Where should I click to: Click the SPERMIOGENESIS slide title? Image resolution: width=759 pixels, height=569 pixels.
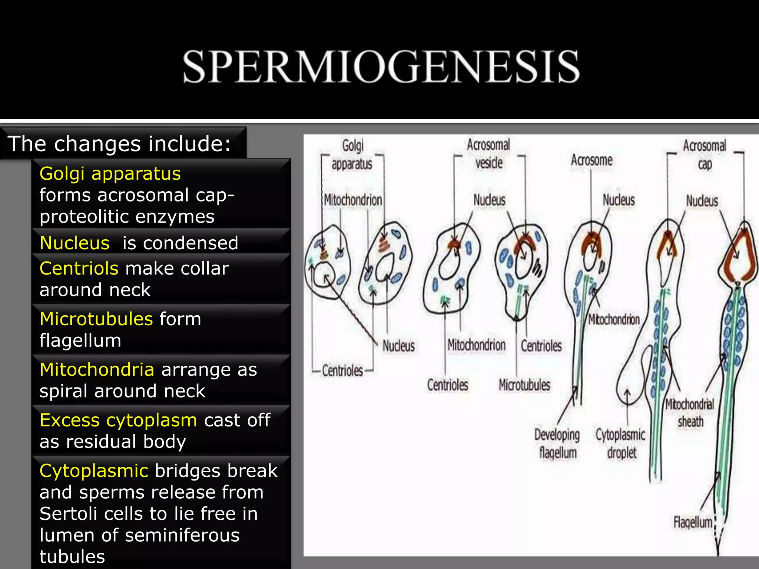tap(381, 67)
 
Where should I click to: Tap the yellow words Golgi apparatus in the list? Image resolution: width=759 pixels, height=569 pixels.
tap(110, 173)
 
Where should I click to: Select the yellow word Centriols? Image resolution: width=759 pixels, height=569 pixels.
tap(79, 268)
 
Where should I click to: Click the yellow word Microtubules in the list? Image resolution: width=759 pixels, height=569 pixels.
tap(96, 319)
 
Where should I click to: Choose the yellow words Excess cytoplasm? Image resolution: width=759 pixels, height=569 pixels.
tap(118, 420)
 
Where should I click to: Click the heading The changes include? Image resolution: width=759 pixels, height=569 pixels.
tap(119, 144)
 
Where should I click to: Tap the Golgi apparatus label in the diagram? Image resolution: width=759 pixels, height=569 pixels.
tap(352, 154)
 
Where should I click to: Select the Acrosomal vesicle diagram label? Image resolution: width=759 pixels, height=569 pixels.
tap(488, 154)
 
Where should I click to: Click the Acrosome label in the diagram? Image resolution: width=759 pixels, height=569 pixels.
tap(591, 160)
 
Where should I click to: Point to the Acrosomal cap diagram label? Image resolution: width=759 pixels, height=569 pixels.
tap(705, 154)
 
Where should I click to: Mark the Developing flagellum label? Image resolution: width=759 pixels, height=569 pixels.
tap(557, 443)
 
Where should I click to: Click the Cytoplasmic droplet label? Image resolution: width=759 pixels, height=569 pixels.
tap(621, 443)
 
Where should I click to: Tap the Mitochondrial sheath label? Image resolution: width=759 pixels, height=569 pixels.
tap(690, 413)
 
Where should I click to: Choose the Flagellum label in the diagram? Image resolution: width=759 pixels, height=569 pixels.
tap(693, 522)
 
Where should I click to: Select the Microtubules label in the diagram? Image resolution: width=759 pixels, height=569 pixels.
tap(524, 385)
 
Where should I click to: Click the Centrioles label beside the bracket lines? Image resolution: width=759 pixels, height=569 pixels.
tap(342, 370)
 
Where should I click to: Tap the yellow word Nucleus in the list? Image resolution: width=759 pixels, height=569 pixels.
tap(74, 243)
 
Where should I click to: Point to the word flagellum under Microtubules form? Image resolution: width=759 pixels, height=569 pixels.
tap(80, 340)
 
